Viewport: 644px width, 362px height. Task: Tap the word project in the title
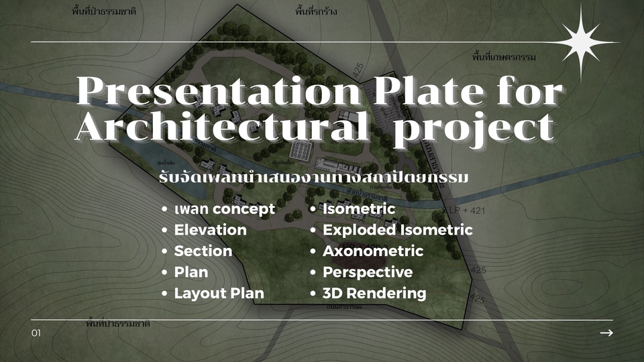[x=474, y=127]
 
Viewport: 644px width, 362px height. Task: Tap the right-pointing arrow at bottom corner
[x=606, y=333]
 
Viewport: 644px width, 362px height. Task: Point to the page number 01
[x=36, y=333]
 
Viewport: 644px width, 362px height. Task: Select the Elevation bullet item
[x=210, y=230]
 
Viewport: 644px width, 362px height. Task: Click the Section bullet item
[x=203, y=251]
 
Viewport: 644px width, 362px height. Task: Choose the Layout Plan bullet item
[x=219, y=294]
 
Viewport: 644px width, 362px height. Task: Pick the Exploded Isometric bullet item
[x=397, y=230]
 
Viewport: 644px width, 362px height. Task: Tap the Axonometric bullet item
[x=372, y=251]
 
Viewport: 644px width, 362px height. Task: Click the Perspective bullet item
[x=367, y=272]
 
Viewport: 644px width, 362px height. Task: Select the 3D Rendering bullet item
[x=374, y=294]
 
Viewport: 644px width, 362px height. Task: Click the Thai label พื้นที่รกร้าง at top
[x=316, y=12]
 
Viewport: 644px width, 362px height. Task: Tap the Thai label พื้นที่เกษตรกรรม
[x=503, y=58]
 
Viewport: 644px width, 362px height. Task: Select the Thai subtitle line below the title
[x=313, y=179]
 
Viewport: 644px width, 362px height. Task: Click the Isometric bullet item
[x=358, y=209]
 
